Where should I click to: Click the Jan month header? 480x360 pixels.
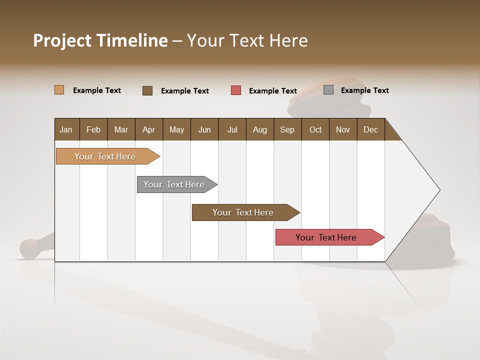[x=66, y=129]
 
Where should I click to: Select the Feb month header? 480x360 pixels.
[x=93, y=129]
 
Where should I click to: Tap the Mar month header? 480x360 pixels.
[x=121, y=129]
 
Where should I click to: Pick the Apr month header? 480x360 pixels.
[x=149, y=129]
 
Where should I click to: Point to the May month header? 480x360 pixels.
[x=176, y=129]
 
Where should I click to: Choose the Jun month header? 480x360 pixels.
[x=204, y=129]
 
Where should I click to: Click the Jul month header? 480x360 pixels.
[x=232, y=129]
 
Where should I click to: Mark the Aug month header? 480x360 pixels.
[x=260, y=129]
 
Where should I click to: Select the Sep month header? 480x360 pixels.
[x=287, y=129]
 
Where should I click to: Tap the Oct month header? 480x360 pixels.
[x=315, y=129]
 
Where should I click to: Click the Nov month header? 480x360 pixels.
[x=343, y=129]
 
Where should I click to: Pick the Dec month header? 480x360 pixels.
[x=370, y=129]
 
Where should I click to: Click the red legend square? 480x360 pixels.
[x=236, y=90]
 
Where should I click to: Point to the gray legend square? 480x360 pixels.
[x=328, y=90]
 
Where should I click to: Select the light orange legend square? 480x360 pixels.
[x=59, y=90]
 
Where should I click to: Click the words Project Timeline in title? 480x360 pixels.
[x=100, y=40]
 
